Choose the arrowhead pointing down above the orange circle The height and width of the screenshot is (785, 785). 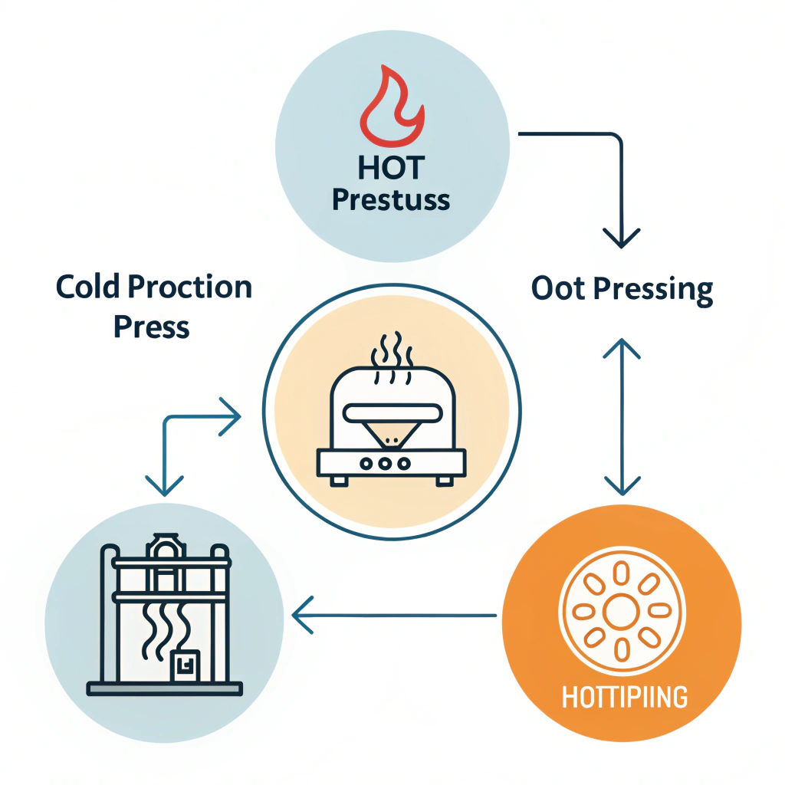pos(621,484)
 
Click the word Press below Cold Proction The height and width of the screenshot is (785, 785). pos(151,327)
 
